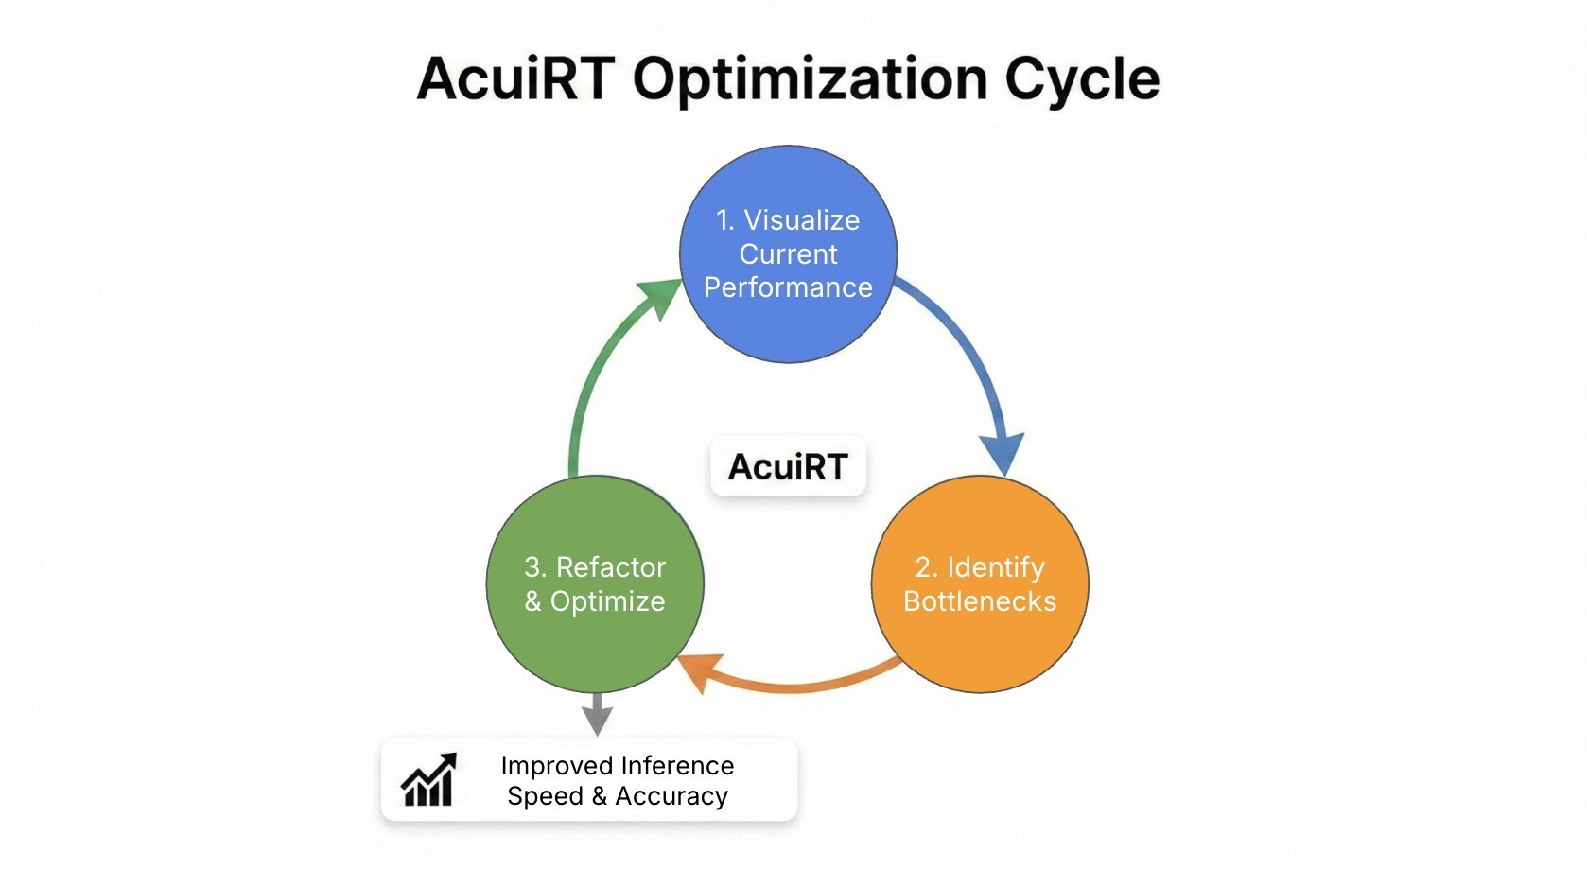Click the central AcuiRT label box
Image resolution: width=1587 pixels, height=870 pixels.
[x=788, y=466]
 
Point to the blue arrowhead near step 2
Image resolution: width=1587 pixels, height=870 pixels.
[x=1003, y=452]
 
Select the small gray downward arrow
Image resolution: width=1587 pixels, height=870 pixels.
[x=597, y=716]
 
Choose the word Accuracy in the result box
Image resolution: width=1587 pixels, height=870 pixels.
[x=671, y=796]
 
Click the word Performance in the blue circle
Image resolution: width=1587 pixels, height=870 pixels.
[x=788, y=287]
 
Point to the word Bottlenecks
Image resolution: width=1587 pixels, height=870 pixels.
[x=980, y=601]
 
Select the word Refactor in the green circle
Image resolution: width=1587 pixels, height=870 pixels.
[x=610, y=567]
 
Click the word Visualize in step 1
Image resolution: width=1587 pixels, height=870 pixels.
[x=801, y=220]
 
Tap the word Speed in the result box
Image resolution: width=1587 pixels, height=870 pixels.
[x=545, y=796]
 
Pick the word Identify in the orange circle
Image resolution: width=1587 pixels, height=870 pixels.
[x=995, y=567]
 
